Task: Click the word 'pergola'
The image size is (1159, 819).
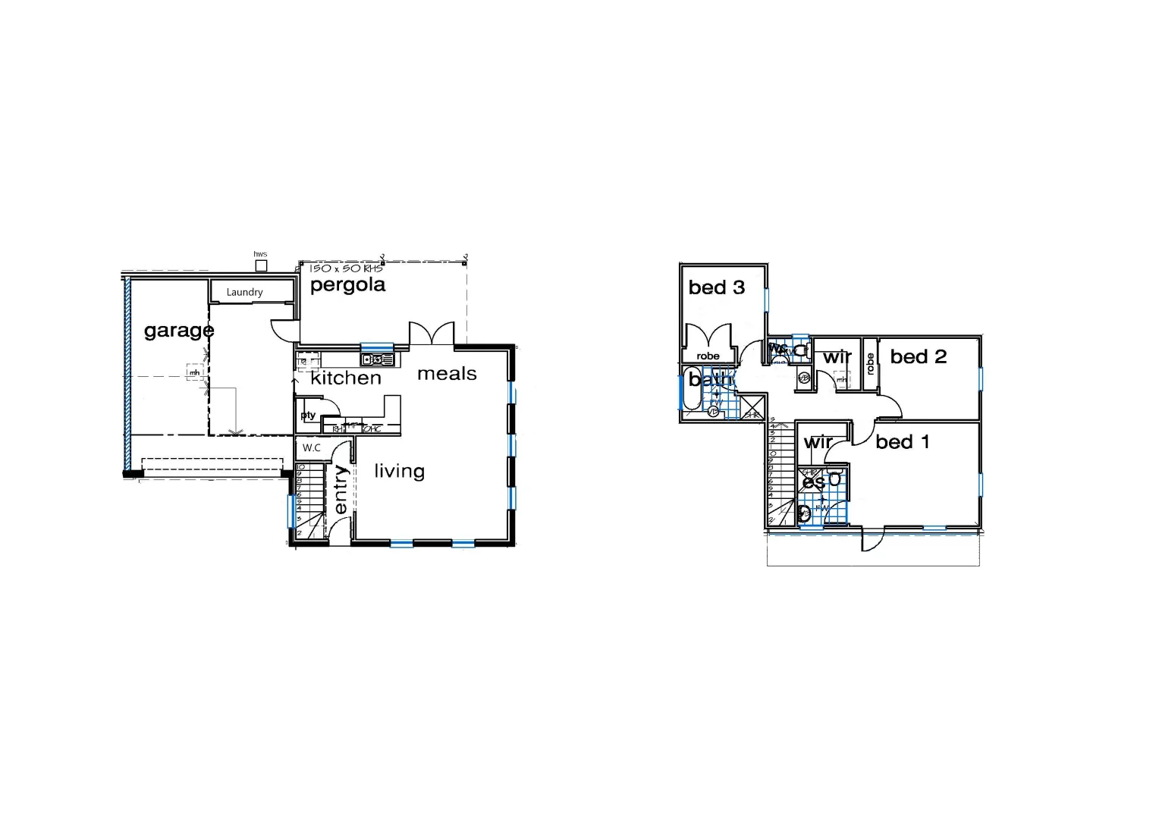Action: pyautogui.click(x=347, y=285)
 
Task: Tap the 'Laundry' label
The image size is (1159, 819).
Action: pyautogui.click(x=244, y=292)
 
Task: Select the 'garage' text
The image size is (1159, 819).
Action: pyautogui.click(x=179, y=331)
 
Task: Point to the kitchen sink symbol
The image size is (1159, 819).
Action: pyautogui.click(x=377, y=359)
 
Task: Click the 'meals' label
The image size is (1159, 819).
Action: pyautogui.click(x=447, y=373)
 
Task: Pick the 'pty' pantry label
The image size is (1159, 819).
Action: pyautogui.click(x=308, y=416)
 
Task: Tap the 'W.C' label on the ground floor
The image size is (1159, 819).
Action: pyautogui.click(x=312, y=448)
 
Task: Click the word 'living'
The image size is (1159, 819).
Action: pyautogui.click(x=399, y=471)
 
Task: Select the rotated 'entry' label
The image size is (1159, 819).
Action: pyautogui.click(x=341, y=489)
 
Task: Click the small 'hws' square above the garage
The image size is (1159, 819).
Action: pyautogui.click(x=261, y=265)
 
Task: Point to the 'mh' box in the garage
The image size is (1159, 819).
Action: pyautogui.click(x=195, y=372)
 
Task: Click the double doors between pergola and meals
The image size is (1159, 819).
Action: pyautogui.click(x=432, y=334)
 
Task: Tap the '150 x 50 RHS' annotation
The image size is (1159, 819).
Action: pyautogui.click(x=347, y=268)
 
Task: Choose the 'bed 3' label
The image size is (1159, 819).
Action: pyautogui.click(x=717, y=287)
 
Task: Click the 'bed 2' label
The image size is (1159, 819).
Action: pyautogui.click(x=919, y=356)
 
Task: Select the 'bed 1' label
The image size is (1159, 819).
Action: pyautogui.click(x=902, y=442)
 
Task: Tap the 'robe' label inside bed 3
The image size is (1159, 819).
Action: pyautogui.click(x=708, y=356)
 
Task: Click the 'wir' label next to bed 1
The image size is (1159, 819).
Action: pyautogui.click(x=818, y=442)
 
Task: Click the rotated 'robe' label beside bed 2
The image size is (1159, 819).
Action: pyautogui.click(x=871, y=364)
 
